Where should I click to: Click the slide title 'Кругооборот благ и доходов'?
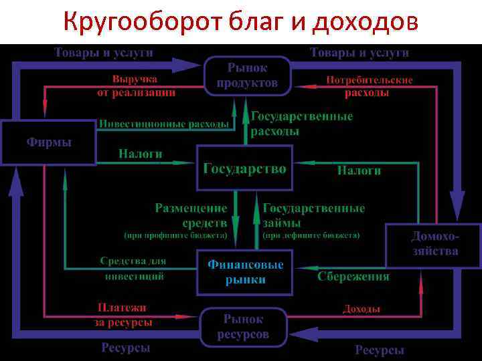pos(241,22)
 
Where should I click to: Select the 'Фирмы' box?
pos(48,142)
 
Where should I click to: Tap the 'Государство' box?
pos(244,168)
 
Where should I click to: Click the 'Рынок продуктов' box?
pos(247,76)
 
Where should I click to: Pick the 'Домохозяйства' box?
pos(434,244)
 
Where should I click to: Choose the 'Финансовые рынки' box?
pos(244,272)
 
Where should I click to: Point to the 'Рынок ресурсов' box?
pos(244,327)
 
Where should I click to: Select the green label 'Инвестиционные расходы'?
pos(164,124)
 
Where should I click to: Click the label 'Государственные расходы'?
pos(301,124)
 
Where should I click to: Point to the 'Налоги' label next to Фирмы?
pos(141,154)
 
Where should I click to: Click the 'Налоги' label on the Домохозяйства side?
pos(359,170)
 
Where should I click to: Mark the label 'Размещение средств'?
pos(191,215)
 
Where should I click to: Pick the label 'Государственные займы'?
pos(313,215)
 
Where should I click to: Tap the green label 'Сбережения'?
pos(353,276)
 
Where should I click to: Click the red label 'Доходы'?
pos(361,309)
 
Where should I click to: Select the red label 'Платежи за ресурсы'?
pos(123,315)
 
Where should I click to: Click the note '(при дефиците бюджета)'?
pos(311,235)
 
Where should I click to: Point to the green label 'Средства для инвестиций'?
pos(133,268)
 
